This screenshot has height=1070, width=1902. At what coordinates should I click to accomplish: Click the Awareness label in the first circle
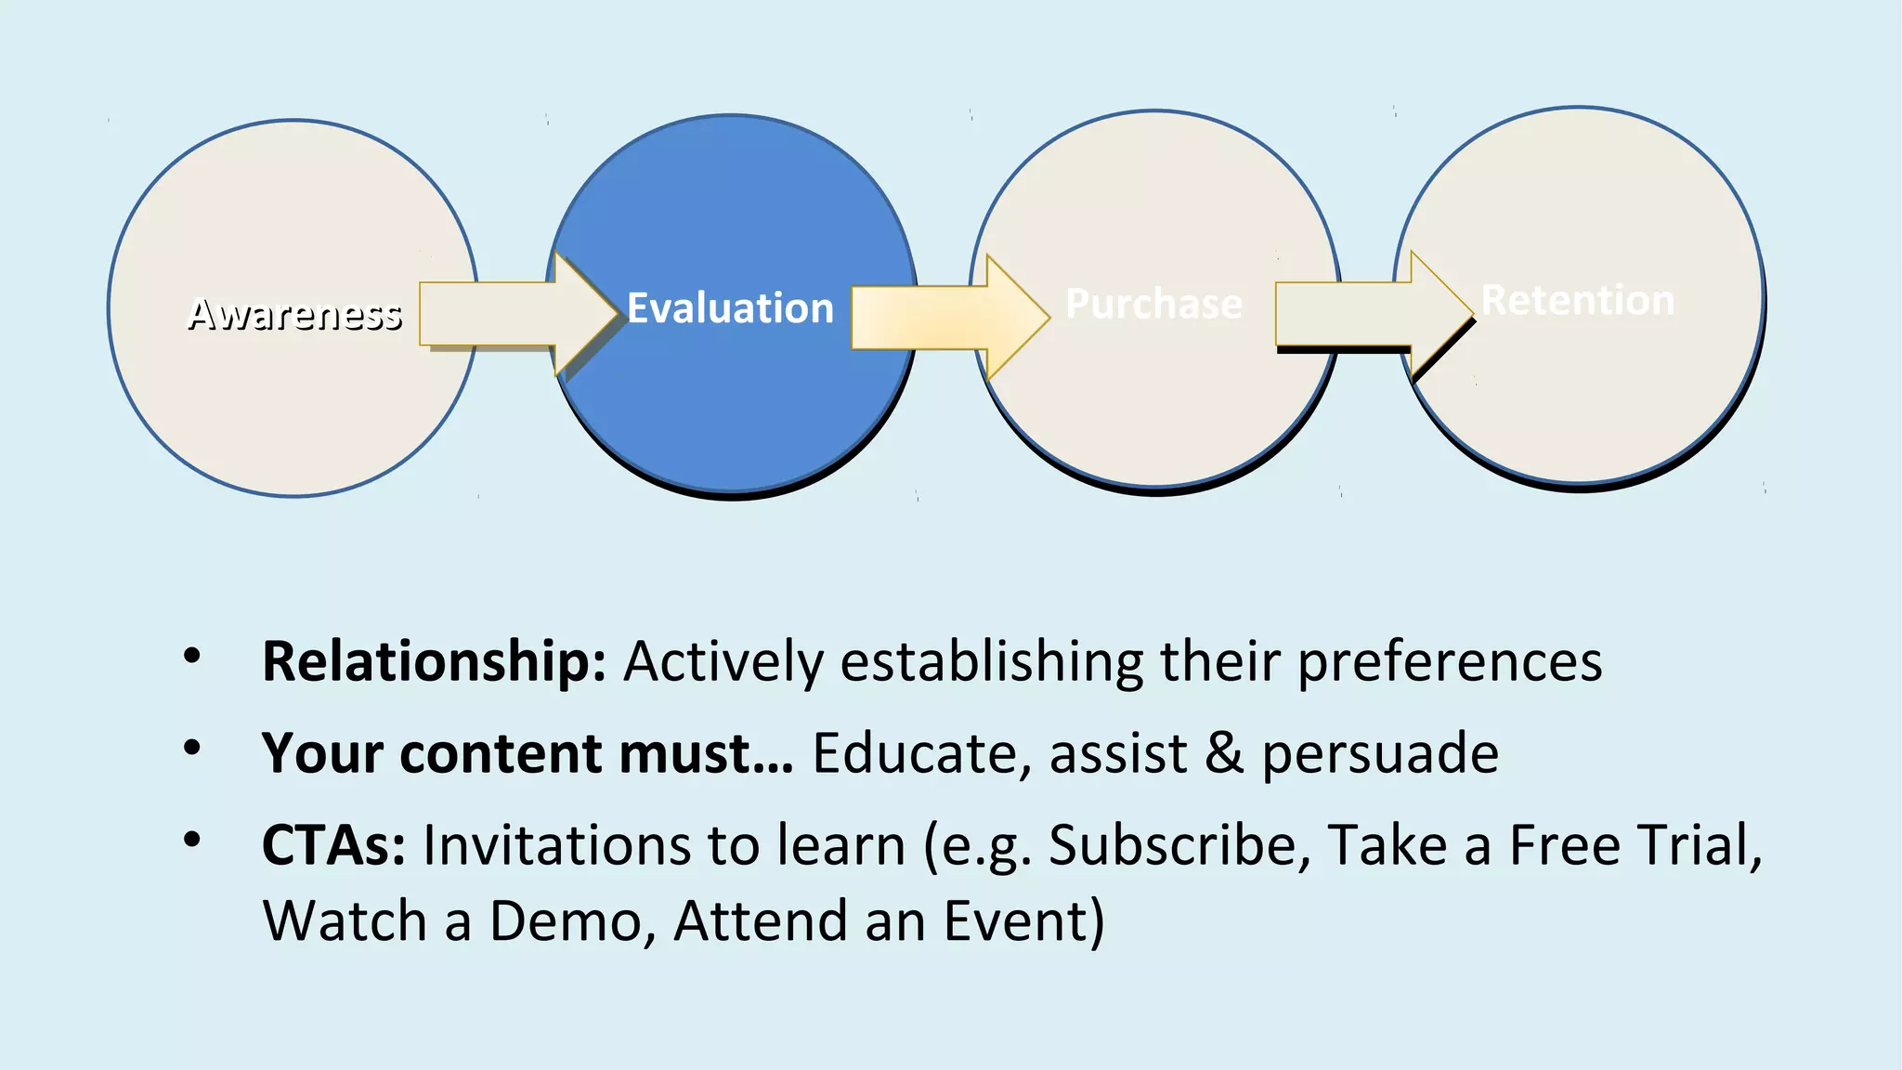coord(294,314)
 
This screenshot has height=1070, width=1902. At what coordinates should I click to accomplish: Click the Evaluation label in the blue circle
coord(730,308)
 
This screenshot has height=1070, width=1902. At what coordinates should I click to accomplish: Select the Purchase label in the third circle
coord(1153,304)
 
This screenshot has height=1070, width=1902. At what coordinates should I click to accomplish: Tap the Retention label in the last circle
coord(1578,300)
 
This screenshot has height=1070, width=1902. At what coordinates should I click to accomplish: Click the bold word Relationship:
coord(434,661)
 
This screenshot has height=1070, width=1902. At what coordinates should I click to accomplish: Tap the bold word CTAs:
coord(333,845)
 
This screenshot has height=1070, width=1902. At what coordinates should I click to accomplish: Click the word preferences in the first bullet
coord(1449,663)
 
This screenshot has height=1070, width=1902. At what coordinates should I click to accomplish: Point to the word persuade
coord(1379,753)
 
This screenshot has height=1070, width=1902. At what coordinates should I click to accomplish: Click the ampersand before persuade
coord(1224,753)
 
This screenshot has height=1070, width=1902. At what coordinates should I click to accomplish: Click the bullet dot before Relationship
coord(192,656)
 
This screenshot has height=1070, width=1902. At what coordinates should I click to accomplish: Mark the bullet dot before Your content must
coord(192,748)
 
